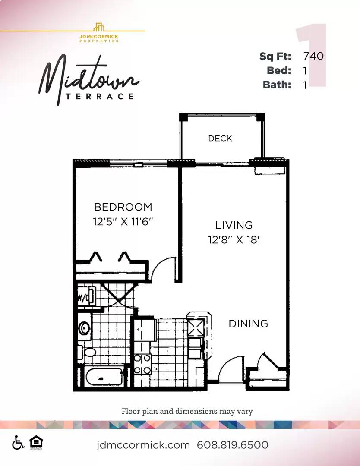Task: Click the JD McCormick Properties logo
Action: point(99,33)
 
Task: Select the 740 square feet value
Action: point(313,56)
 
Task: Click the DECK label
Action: point(220,138)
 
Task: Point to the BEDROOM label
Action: point(123,207)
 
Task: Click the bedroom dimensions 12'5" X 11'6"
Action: point(123,221)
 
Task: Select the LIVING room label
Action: point(234,225)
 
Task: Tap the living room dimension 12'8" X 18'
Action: point(234,239)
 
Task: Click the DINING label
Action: point(248,323)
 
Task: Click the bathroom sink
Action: point(85,328)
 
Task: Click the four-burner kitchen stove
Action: point(142,364)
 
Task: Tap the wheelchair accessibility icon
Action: point(18,442)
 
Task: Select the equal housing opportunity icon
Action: point(36,442)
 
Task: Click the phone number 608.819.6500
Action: point(233,445)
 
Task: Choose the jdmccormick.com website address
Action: point(143,445)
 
